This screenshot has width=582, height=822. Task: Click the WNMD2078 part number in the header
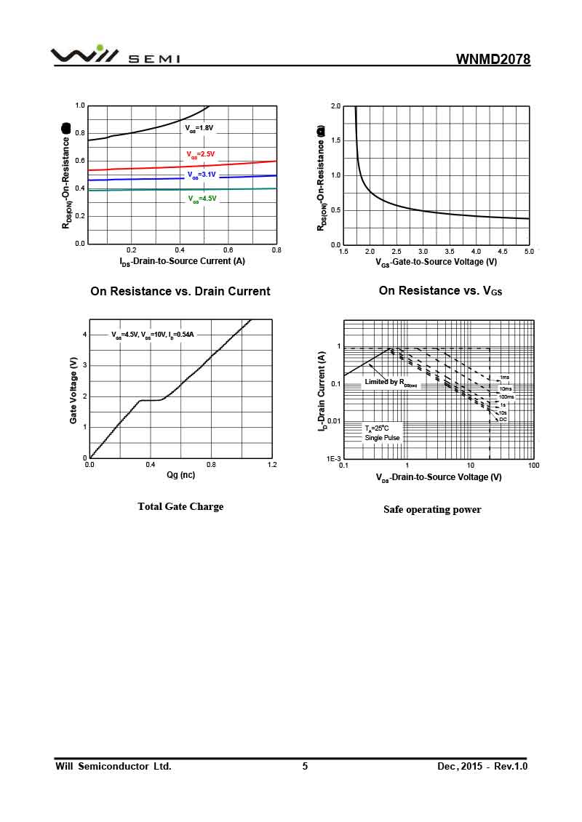click(x=493, y=59)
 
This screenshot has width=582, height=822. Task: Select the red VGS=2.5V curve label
click(x=201, y=154)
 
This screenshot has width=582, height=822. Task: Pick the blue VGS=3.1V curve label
click(x=202, y=175)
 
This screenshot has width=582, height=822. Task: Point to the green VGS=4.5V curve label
click(x=202, y=199)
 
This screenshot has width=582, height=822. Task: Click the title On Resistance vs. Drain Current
click(x=180, y=291)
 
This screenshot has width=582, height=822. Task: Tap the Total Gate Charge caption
click(x=180, y=506)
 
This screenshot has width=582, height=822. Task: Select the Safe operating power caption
click(x=432, y=509)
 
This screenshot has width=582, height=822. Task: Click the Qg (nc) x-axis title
click(x=180, y=475)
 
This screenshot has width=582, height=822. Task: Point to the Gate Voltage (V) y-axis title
click(x=73, y=391)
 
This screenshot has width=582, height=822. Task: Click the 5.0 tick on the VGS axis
click(x=529, y=251)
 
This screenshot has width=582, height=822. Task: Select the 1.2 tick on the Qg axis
click(x=272, y=464)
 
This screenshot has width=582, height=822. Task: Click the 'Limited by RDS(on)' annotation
click(x=391, y=382)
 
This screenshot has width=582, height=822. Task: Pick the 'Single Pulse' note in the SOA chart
click(x=382, y=438)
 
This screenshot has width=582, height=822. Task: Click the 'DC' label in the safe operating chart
click(x=503, y=419)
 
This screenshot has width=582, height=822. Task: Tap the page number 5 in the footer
click(x=305, y=766)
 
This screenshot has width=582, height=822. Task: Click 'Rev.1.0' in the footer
click(x=511, y=766)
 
